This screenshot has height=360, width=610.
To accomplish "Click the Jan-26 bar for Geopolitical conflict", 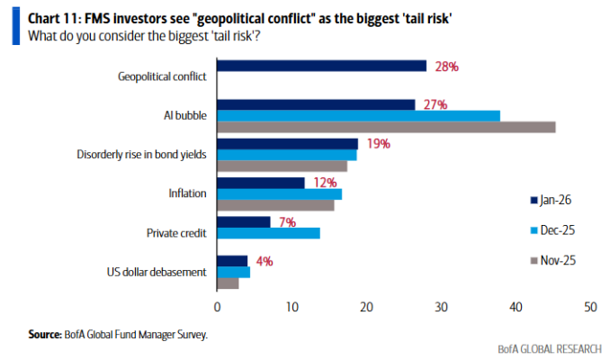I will pos(321,66).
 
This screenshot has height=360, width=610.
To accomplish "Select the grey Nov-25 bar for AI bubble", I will pos(386,127).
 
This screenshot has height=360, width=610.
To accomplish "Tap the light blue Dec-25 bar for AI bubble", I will pos(358,115).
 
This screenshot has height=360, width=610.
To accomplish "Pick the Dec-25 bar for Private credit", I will pos(268,233).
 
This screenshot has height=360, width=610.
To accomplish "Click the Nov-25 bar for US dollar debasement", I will pos(228,283).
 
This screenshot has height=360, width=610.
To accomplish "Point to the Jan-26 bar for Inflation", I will pos(261,183).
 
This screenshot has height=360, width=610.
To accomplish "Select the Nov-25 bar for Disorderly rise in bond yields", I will pos(282,166).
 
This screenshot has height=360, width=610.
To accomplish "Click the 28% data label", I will pos(447,66).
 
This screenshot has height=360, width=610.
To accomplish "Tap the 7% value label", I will pos(287,220).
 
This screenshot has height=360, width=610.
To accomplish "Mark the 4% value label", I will pos(264,261).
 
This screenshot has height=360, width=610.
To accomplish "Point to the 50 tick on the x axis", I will pos(590,308).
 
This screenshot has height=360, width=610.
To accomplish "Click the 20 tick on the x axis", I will pos(366,308).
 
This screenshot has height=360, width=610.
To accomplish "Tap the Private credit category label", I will pos(176,232).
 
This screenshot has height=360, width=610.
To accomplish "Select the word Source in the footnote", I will pos(45,334).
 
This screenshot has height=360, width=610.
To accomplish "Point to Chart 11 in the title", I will pos(49,16).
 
